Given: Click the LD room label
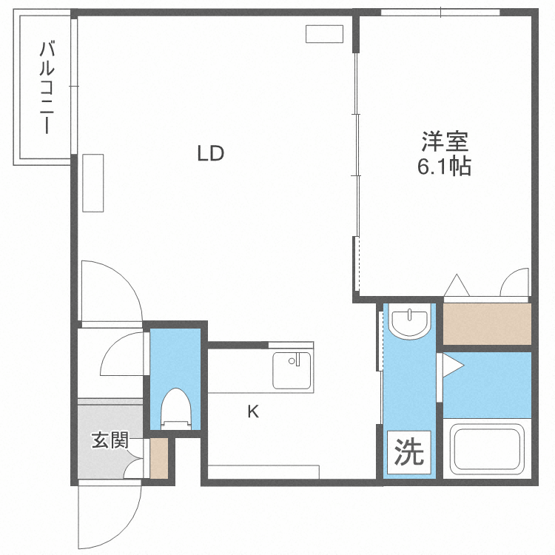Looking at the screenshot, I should click(x=210, y=154).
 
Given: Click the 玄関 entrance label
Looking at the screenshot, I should click(x=110, y=441).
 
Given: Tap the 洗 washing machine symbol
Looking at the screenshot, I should click(x=406, y=451).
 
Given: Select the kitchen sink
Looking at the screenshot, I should click(x=292, y=369).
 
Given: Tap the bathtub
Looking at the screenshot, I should click(x=487, y=450).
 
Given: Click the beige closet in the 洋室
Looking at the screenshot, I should click(x=487, y=323).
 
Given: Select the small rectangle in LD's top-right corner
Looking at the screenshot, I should click(x=325, y=33).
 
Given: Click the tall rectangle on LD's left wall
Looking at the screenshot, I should click(x=93, y=183).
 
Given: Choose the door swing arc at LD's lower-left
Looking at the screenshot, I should click(x=111, y=289).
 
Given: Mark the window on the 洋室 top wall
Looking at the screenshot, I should click(x=440, y=13).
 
